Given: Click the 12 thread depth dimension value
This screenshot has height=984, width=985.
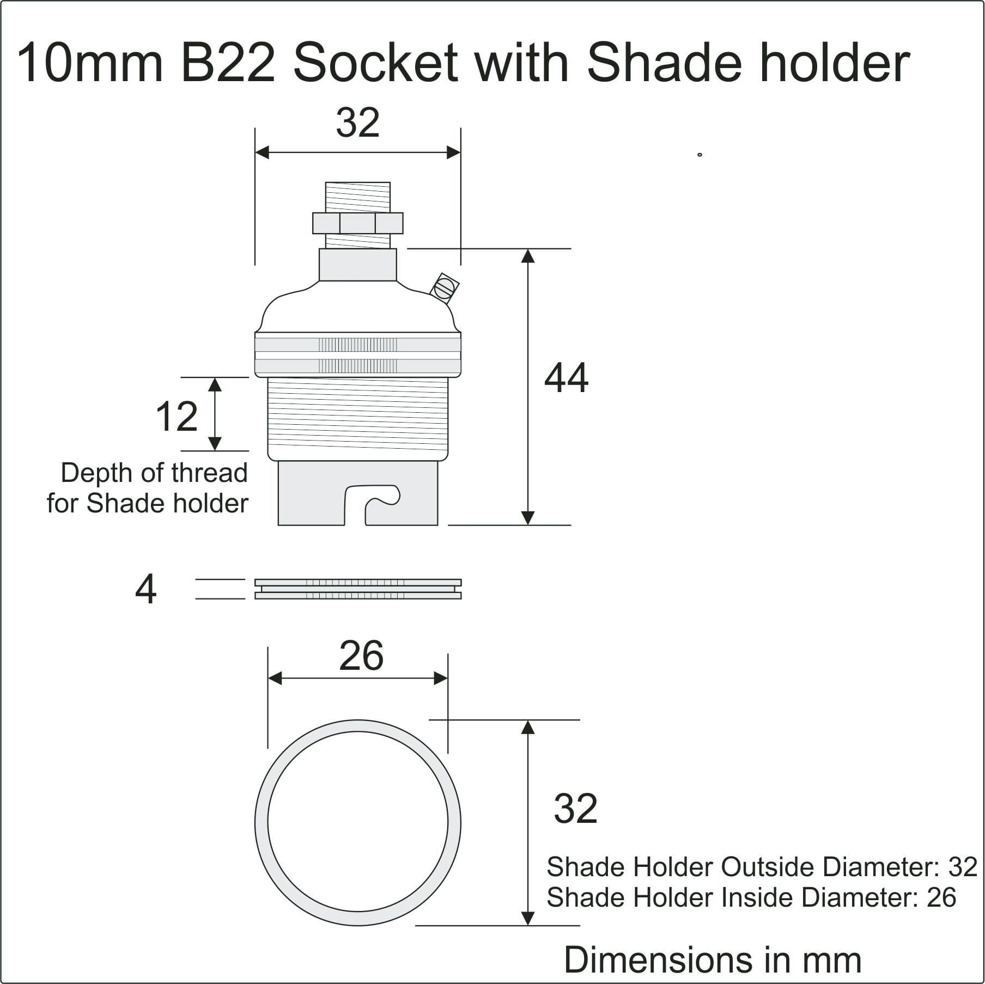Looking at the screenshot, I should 176,417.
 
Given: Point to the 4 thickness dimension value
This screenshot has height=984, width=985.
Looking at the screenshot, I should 145,589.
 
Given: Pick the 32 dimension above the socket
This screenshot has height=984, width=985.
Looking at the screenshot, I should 357,123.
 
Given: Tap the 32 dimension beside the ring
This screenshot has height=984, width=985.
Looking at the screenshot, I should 575,809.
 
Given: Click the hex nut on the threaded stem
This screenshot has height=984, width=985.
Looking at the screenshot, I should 357,223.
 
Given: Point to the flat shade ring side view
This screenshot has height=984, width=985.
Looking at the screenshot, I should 358,589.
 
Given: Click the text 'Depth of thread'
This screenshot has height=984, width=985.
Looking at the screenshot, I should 154,473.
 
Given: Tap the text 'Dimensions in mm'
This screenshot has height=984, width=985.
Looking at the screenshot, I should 712,959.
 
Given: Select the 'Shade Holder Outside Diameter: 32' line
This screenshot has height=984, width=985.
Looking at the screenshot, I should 762,867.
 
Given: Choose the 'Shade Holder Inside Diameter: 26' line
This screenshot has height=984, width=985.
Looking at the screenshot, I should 751,897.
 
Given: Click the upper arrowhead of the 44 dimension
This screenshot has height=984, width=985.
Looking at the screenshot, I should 527,256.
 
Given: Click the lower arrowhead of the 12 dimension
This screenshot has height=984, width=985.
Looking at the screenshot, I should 215,443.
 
